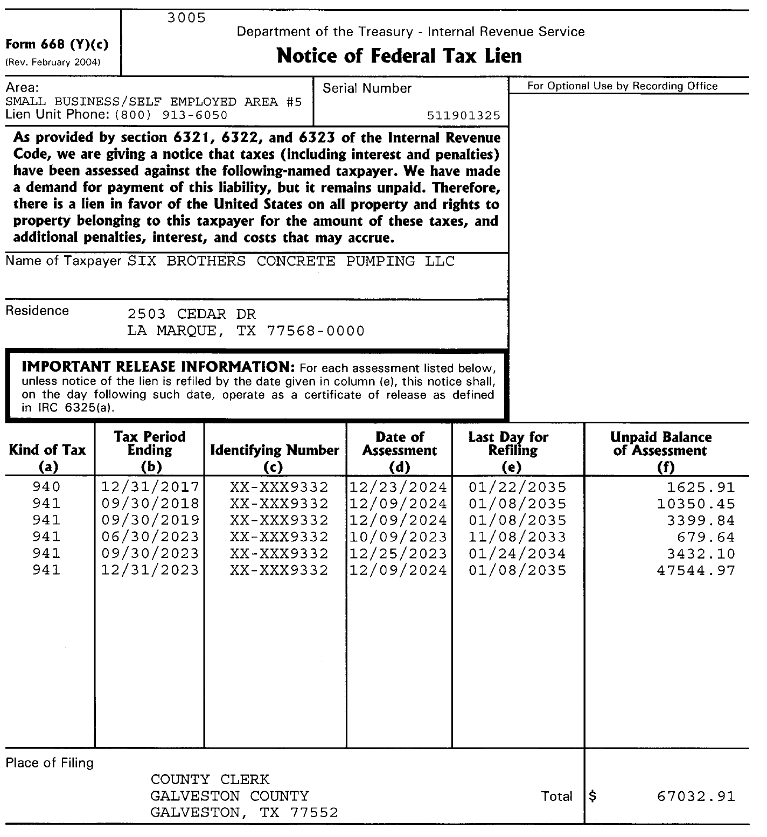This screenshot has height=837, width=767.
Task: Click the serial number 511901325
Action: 463,116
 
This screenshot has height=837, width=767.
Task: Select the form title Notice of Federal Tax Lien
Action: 399,56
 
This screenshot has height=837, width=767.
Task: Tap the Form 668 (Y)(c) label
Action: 57,45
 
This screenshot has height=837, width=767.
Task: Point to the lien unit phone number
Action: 171,115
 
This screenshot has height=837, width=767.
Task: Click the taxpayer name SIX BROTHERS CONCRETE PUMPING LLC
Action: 291,262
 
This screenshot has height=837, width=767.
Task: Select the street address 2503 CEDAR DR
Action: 191,314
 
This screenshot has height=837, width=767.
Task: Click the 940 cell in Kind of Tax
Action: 46,487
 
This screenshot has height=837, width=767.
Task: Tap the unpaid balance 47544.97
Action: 696,570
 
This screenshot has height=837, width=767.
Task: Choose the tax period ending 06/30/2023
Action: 150,537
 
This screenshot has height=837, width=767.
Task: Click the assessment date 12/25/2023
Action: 399,554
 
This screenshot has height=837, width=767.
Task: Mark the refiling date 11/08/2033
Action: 517,537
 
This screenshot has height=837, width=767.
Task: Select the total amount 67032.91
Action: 696,797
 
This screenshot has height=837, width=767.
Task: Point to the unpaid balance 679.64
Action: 706,537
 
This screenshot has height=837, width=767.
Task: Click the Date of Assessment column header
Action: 399,451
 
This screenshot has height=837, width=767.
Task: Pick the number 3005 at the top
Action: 186,18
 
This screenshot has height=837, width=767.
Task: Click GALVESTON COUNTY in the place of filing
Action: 229,796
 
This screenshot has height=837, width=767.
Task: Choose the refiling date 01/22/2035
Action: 517,487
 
